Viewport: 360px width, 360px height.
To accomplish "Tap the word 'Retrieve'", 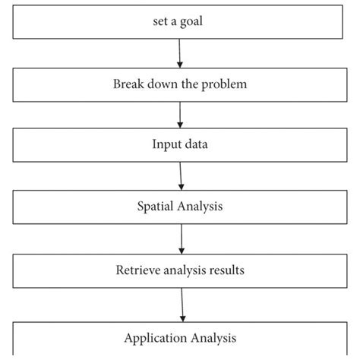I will (135, 270).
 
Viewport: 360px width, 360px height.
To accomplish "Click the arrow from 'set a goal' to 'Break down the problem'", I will (179, 52).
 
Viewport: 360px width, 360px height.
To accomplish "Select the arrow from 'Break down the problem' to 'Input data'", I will (180, 115).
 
